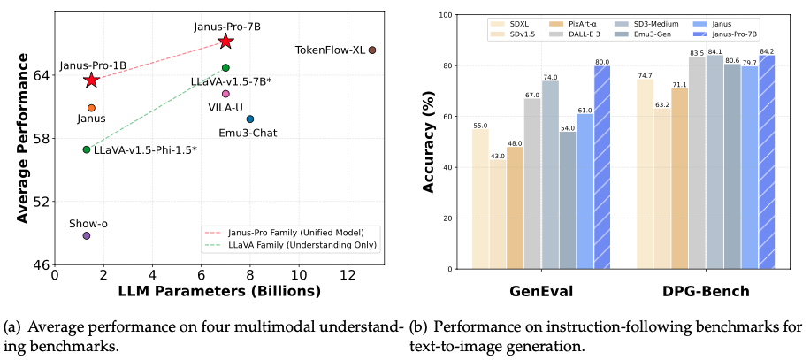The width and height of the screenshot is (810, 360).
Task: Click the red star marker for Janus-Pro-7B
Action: pyautogui.click(x=225, y=42)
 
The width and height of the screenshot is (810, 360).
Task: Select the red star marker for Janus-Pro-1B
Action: pyautogui.click(x=91, y=80)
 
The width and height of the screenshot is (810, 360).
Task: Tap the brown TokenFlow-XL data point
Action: pyautogui.click(x=372, y=50)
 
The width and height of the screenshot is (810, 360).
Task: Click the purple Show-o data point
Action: pyautogui.click(x=87, y=235)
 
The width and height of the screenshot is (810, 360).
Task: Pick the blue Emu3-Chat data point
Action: pyautogui.click(x=250, y=119)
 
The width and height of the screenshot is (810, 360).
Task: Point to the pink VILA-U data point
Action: pyautogui.click(x=225, y=94)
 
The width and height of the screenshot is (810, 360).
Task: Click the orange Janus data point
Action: pyautogui.click(x=91, y=108)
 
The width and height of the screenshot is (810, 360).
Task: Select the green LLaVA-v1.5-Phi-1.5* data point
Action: pyautogui.click(x=87, y=149)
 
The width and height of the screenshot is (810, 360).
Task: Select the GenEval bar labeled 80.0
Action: pyautogui.click(x=602, y=167)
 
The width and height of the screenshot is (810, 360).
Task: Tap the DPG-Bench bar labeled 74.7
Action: pyautogui.click(x=645, y=173)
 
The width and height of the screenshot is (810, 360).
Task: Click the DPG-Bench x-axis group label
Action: pyautogui.click(x=706, y=291)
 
